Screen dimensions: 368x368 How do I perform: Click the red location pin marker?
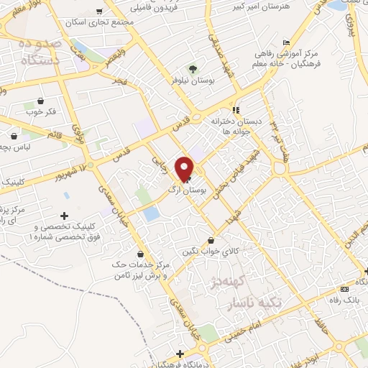(x=185, y=168)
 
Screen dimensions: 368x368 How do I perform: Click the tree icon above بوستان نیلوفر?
(x=193, y=69)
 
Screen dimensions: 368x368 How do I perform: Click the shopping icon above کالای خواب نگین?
(x=211, y=240)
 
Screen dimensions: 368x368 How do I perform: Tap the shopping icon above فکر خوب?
(x=39, y=101)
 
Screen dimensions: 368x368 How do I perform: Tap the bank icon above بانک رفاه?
(x=344, y=288)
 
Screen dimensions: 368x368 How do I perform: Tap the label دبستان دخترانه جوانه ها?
(x=234, y=126)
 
